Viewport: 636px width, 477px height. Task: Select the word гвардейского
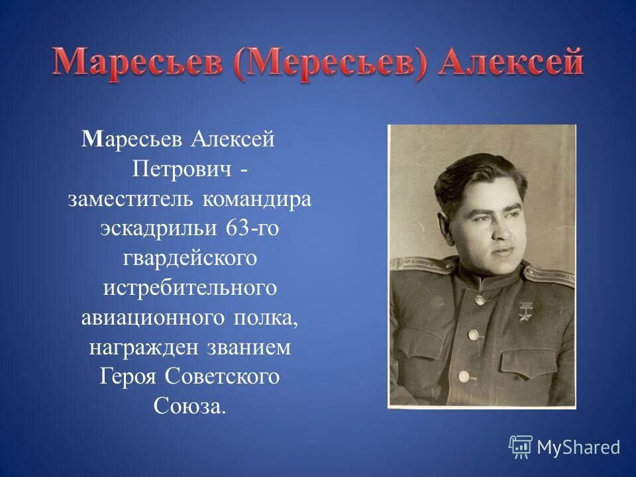(x=189, y=258)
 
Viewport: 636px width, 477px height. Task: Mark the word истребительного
(x=189, y=288)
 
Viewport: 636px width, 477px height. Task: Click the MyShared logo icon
(x=521, y=447)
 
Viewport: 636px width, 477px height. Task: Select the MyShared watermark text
(x=578, y=447)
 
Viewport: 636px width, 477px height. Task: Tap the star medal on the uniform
(x=525, y=311)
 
